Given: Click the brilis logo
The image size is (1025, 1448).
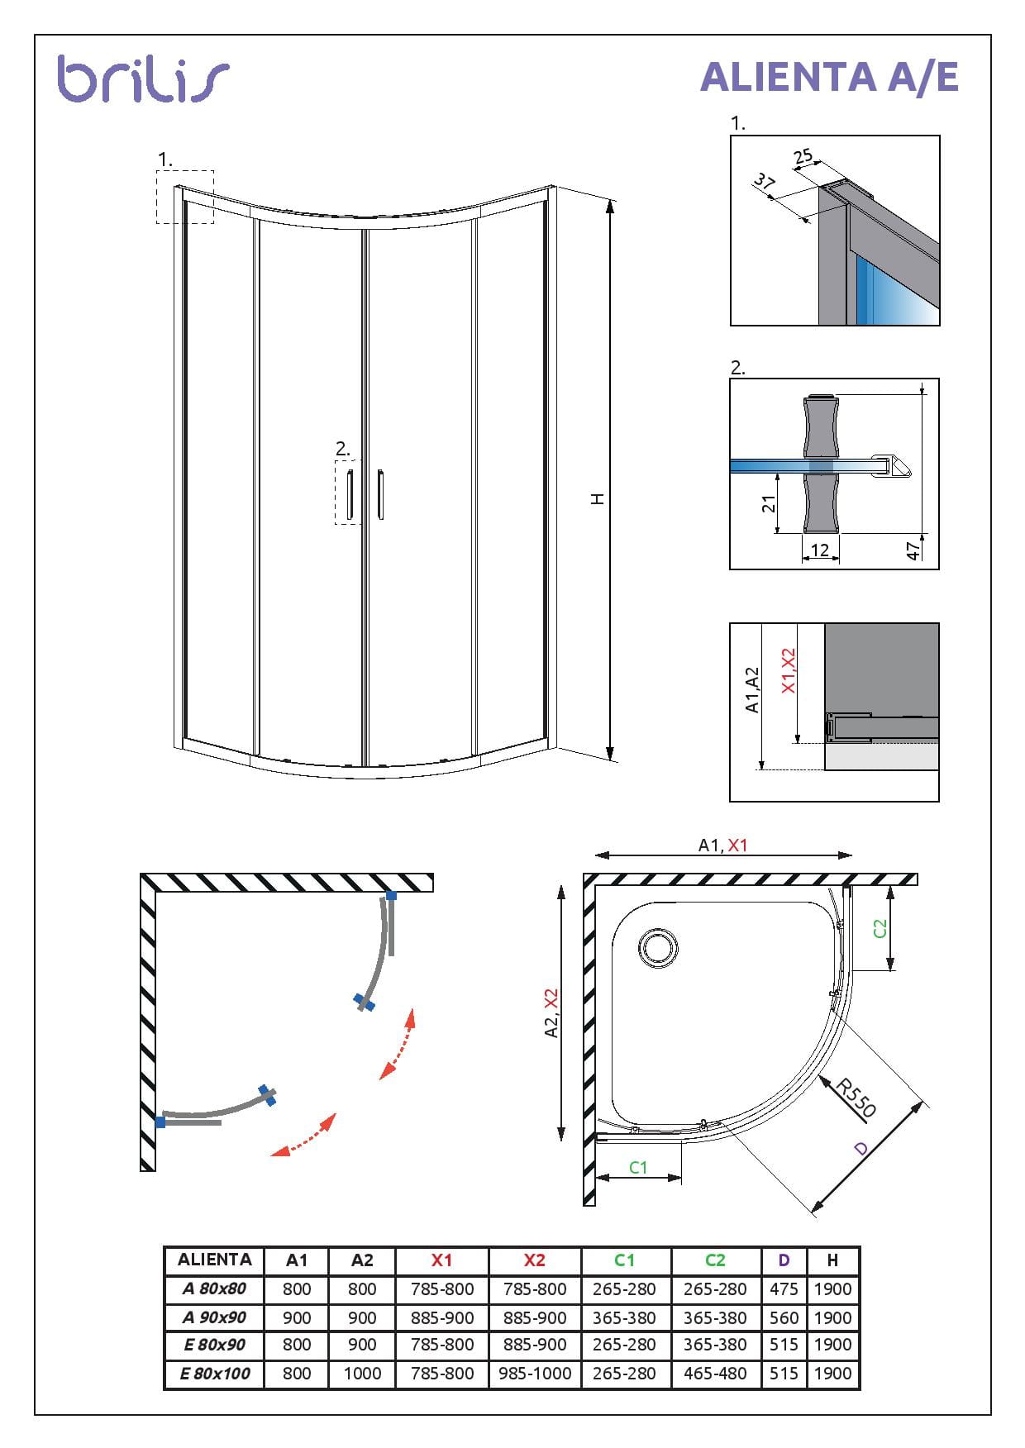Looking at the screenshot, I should click(x=142, y=79).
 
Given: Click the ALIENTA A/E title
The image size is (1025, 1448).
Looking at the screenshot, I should click(x=828, y=77).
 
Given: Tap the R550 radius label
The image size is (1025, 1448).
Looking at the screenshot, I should click(x=856, y=1098).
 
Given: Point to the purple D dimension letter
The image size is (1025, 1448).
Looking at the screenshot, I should click(x=861, y=1149).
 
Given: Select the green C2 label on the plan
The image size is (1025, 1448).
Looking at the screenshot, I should click(x=880, y=928).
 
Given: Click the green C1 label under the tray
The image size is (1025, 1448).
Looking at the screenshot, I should click(x=638, y=1167).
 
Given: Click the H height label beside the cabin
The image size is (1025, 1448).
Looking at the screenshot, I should click(x=598, y=498).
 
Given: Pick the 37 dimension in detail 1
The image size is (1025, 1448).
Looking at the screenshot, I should click(x=765, y=183).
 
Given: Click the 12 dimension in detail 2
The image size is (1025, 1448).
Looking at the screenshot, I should click(x=819, y=550).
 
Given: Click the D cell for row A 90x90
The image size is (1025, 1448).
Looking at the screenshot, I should click(x=783, y=1317).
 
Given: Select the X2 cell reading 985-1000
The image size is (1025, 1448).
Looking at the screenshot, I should click(x=535, y=1373).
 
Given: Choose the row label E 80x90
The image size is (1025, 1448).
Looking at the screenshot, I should click(x=214, y=1345).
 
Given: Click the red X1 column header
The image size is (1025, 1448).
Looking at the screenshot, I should click(x=441, y=1260).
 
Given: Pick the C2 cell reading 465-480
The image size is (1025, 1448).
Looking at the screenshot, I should click(x=715, y=1373).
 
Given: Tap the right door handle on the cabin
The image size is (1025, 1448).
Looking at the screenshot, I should click(x=380, y=496).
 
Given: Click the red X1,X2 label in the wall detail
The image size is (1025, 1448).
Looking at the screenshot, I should click(x=789, y=670).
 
